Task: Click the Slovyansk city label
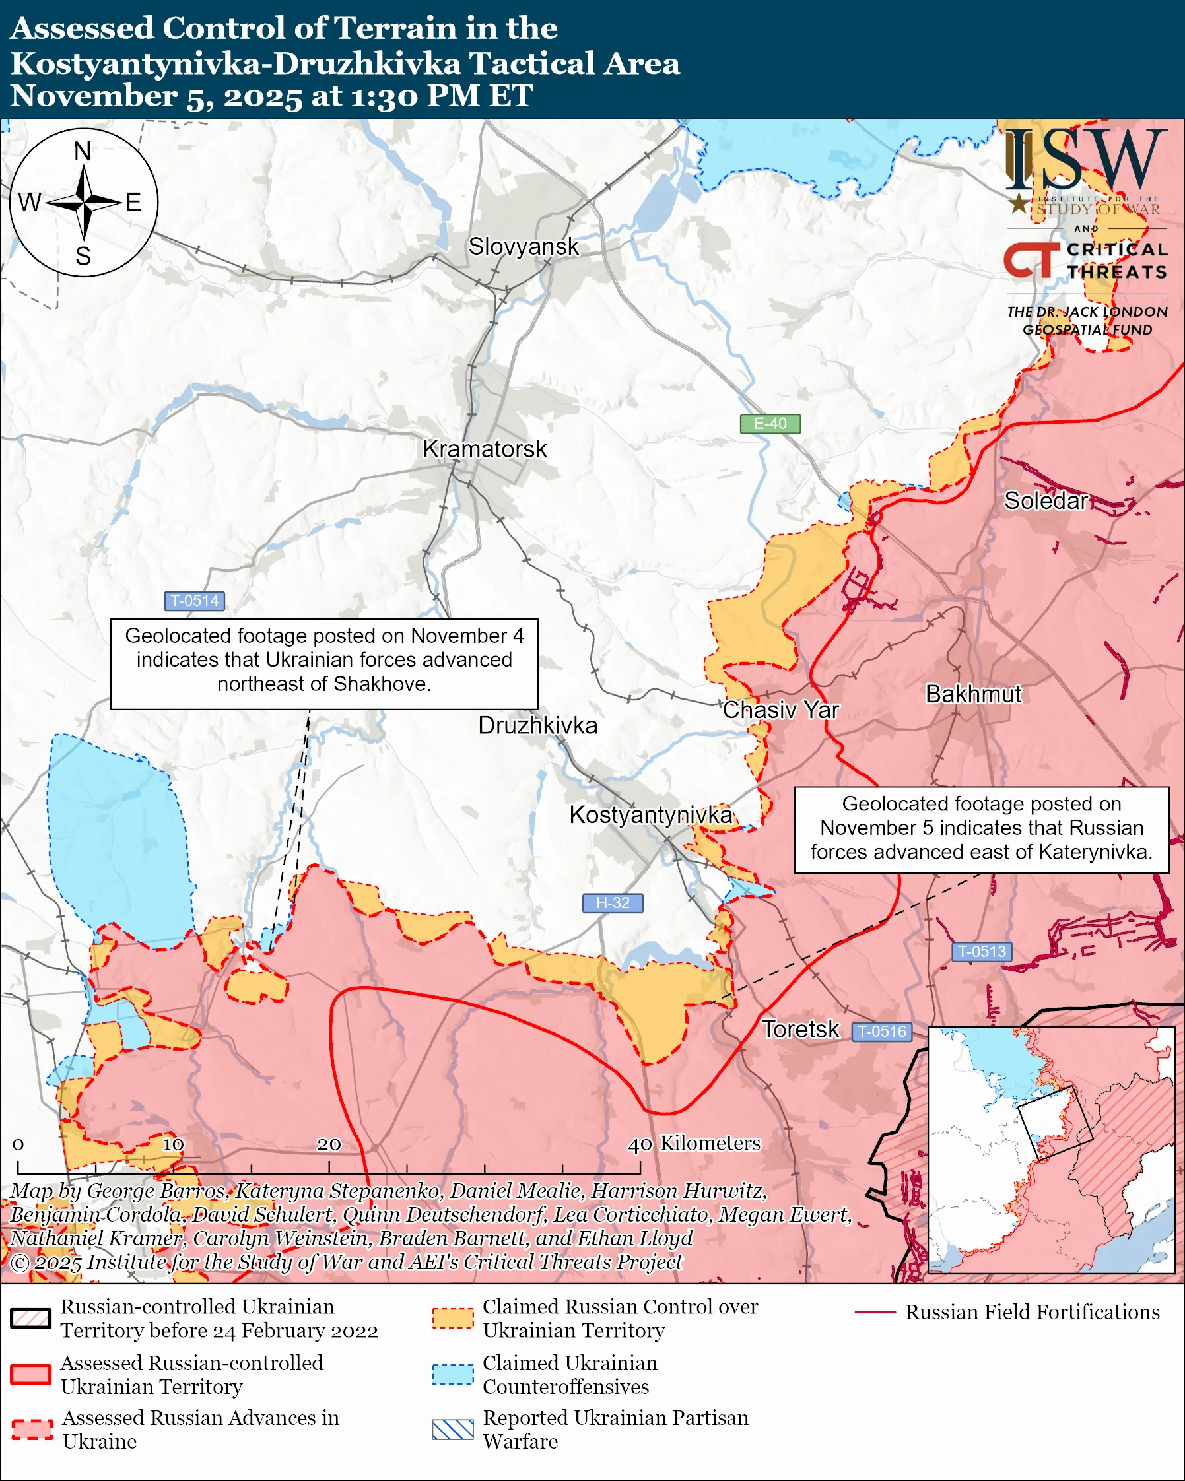click(x=524, y=247)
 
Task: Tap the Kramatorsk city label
click(x=485, y=449)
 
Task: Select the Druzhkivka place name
click(x=537, y=725)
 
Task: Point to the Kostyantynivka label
click(x=650, y=814)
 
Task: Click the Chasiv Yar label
click(x=780, y=709)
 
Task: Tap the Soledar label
click(x=1046, y=501)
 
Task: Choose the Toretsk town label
click(x=800, y=1029)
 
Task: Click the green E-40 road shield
click(x=770, y=424)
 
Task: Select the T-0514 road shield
click(x=194, y=601)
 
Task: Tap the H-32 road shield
click(x=612, y=903)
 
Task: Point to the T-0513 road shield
click(x=982, y=952)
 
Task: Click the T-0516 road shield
click(x=882, y=1031)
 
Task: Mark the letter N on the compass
click(x=83, y=150)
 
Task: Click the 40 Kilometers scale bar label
click(x=694, y=1143)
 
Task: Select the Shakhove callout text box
click(x=324, y=663)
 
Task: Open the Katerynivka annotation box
click(x=981, y=830)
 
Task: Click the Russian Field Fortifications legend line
click(x=875, y=1312)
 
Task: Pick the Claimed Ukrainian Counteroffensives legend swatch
click(x=453, y=1375)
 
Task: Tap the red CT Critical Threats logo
click(x=1031, y=260)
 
